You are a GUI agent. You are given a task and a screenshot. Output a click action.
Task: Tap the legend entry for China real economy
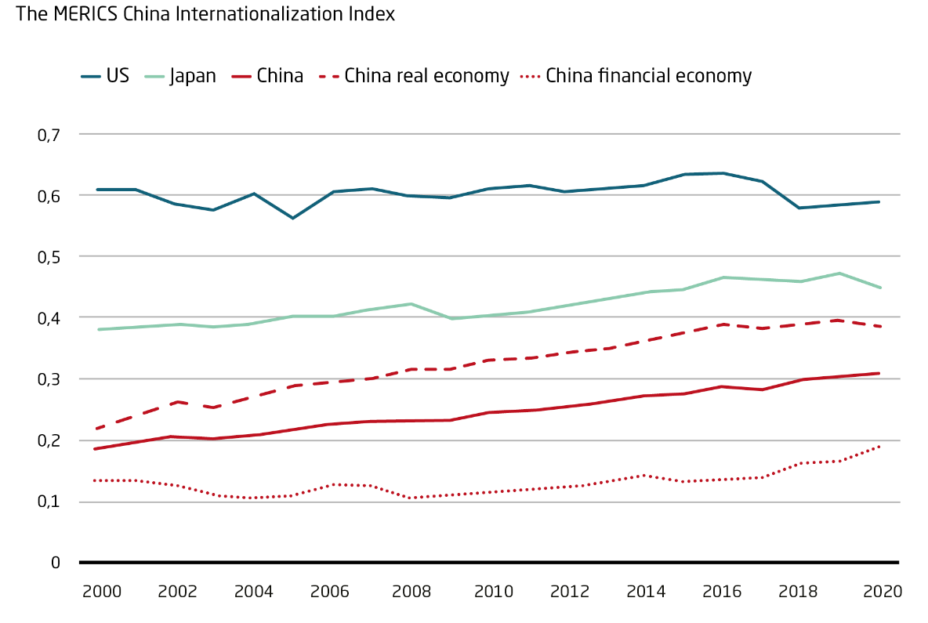click(x=426, y=76)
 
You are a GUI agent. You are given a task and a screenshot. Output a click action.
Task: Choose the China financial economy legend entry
click(x=648, y=76)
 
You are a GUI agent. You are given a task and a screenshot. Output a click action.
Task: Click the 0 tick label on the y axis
click(x=56, y=563)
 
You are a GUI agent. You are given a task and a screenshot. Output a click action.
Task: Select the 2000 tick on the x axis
click(x=101, y=592)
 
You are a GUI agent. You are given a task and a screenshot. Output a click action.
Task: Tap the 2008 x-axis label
click(x=411, y=592)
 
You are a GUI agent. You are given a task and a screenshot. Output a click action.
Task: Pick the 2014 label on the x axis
click(x=645, y=592)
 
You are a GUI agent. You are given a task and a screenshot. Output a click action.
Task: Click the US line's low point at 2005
click(x=293, y=218)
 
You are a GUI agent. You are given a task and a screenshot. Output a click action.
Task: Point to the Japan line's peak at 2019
click(x=840, y=273)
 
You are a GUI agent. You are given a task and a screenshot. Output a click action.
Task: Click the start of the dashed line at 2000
click(x=96, y=429)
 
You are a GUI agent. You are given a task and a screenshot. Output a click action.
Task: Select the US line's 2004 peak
click(x=254, y=194)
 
